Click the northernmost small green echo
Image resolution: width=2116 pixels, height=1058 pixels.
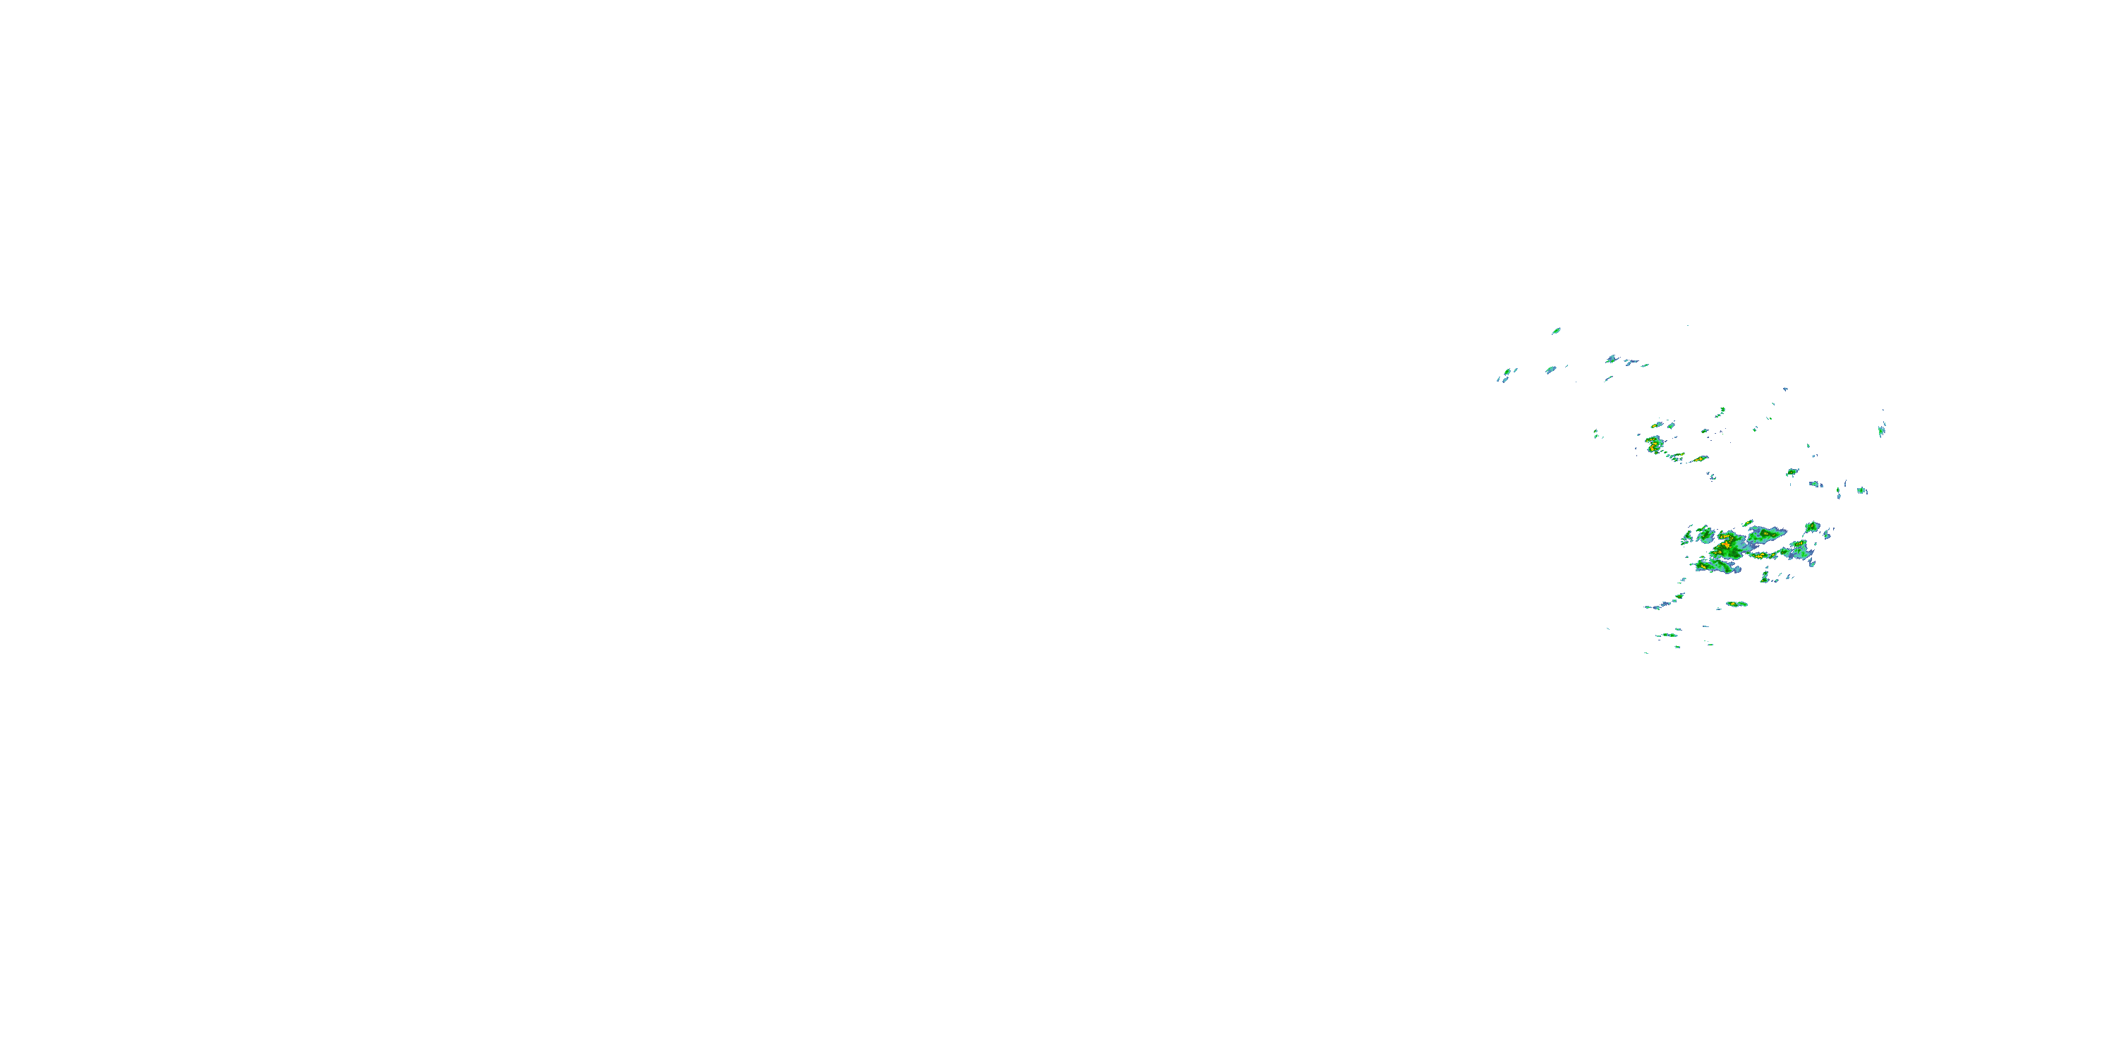click(x=1556, y=331)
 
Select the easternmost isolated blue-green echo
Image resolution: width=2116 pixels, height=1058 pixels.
click(x=1881, y=429)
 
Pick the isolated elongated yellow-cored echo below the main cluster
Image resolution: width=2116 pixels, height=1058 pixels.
click(x=1736, y=604)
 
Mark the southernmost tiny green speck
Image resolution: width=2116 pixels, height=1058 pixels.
click(x=1647, y=653)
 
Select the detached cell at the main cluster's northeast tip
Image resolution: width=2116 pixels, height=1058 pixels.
click(x=1811, y=527)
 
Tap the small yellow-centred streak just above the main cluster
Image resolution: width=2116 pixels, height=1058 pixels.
click(x=1748, y=523)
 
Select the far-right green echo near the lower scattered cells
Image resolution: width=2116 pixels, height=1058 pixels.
click(x=1861, y=491)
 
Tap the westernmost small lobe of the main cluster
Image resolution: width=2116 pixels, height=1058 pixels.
click(x=1688, y=537)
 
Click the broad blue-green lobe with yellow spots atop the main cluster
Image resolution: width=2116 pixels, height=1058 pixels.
click(x=1765, y=536)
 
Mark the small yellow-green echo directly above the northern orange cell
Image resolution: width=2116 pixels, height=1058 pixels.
click(x=1658, y=426)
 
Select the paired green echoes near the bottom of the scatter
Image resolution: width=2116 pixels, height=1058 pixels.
click(x=1668, y=635)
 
